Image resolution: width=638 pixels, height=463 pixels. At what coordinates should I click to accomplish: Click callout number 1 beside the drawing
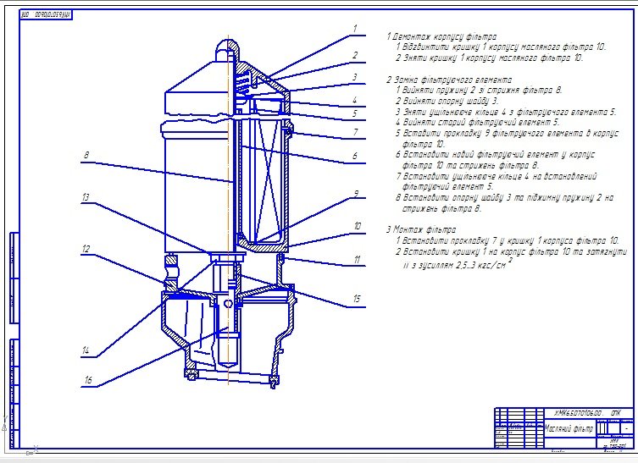click(357, 27)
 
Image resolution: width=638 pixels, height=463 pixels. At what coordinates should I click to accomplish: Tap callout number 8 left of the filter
click(86, 154)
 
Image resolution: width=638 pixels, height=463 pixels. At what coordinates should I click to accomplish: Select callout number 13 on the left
click(86, 197)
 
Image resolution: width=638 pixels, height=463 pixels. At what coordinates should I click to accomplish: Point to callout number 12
click(86, 249)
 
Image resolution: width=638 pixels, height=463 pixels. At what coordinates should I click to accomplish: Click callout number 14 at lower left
click(86, 350)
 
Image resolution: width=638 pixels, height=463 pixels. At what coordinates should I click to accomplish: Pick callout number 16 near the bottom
click(87, 380)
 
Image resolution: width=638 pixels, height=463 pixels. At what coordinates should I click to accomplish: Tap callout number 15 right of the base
click(358, 298)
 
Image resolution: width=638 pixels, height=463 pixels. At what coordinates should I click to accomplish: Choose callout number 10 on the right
click(358, 226)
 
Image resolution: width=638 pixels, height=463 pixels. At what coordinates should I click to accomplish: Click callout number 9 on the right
click(357, 194)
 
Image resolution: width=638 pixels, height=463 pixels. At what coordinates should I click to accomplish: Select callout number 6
click(357, 156)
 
